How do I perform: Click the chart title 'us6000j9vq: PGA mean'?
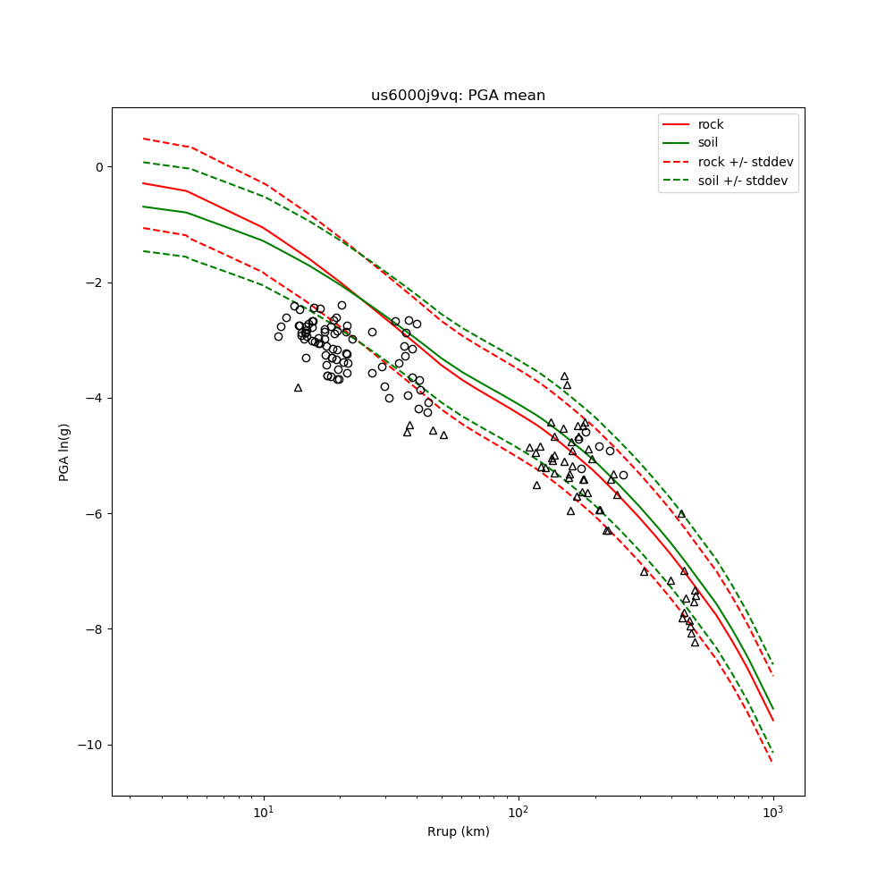click(458, 96)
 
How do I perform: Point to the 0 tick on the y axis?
click(99, 167)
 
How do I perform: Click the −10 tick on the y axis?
click(93, 745)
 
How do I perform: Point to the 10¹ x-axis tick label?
click(264, 813)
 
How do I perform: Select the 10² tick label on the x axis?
click(519, 813)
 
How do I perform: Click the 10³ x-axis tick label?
click(773, 813)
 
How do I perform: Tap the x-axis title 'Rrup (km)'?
click(458, 832)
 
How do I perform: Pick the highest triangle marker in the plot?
click(564, 376)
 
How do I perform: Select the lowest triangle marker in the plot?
click(695, 642)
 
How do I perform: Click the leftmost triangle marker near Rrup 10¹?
click(298, 387)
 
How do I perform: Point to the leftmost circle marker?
click(278, 336)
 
